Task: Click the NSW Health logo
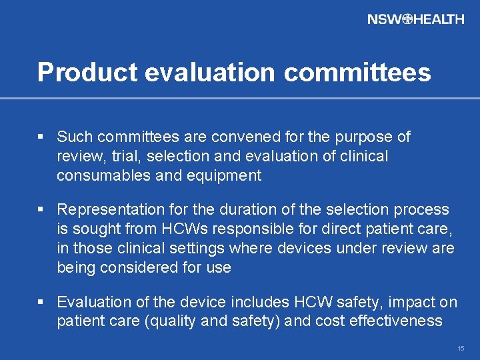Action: click(x=415, y=19)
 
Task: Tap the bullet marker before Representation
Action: click(x=41, y=210)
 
